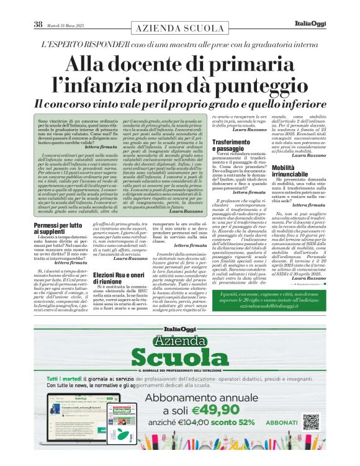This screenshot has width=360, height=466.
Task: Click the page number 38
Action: (38, 25)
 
